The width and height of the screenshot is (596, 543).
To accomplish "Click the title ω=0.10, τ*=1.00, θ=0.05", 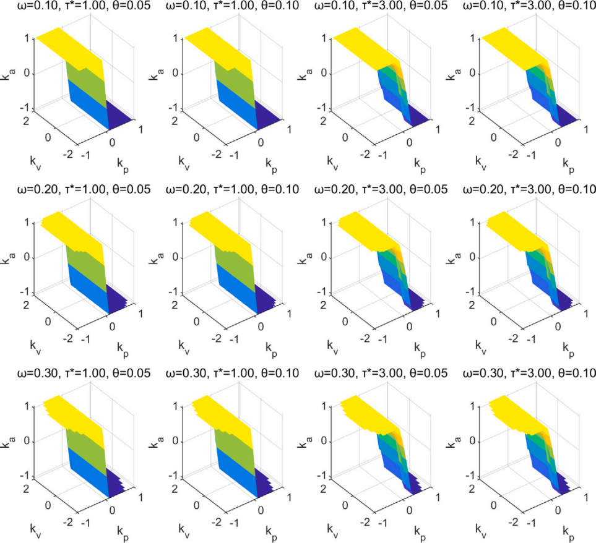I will (76, 6).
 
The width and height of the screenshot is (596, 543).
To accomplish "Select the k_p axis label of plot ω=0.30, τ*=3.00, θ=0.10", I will (568, 531).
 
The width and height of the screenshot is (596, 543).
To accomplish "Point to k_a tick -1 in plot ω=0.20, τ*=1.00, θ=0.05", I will (28, 291).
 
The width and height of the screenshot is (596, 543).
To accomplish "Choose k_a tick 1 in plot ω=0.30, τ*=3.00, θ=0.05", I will (327, 406).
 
